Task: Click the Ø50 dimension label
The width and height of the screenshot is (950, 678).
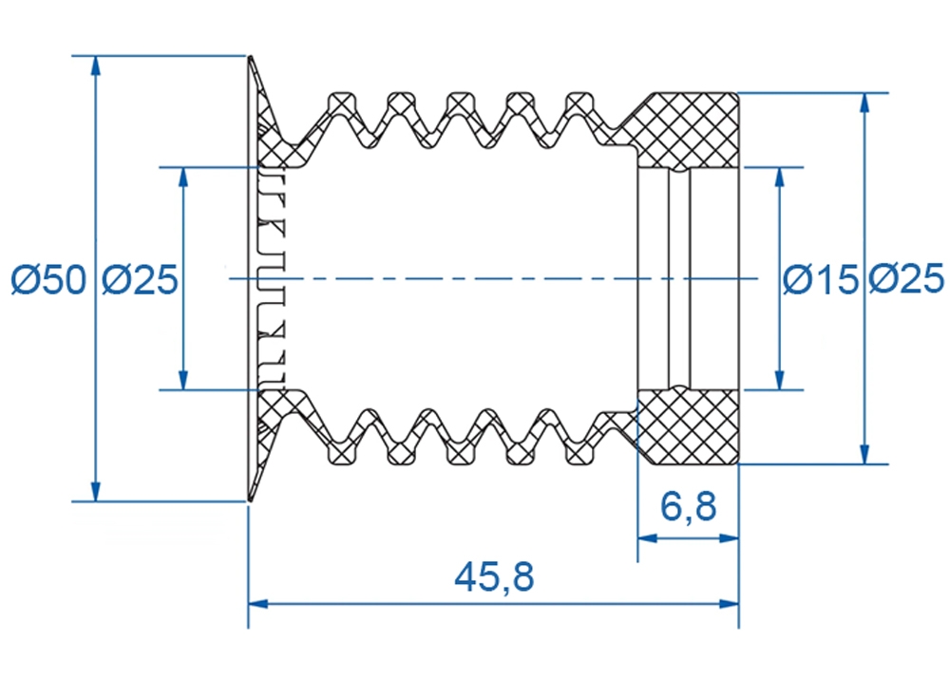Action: coord(48,279)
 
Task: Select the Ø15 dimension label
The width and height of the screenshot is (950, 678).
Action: coord(821,279)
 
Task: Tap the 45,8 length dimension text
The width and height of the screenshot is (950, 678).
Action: coord(494,577)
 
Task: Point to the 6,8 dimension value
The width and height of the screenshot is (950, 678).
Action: coord(688,506)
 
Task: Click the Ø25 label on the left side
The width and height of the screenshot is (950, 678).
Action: coord(140,279)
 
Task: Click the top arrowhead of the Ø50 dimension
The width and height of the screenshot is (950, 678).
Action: coord(95,66)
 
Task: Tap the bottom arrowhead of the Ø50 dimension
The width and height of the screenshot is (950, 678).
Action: coord(95,492)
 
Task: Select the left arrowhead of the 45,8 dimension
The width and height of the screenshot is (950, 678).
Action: coord(258,604)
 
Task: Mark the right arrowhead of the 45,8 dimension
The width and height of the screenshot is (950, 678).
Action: coord(729,604)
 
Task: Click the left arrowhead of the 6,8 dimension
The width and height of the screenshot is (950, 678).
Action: coord(648,537)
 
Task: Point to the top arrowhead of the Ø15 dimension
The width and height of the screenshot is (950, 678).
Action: coord(780,177)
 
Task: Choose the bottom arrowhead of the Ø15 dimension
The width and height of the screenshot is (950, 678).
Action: coord(780,380)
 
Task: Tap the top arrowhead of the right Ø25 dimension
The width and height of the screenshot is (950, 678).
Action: coord(864,103)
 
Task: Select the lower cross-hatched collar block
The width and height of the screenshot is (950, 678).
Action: coord(688,426)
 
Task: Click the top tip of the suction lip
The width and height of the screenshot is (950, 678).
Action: coord(249,57)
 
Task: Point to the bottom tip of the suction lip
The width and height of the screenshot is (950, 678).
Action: coord(249,500)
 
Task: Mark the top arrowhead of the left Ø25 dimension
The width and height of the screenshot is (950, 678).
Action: coord(183,177)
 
